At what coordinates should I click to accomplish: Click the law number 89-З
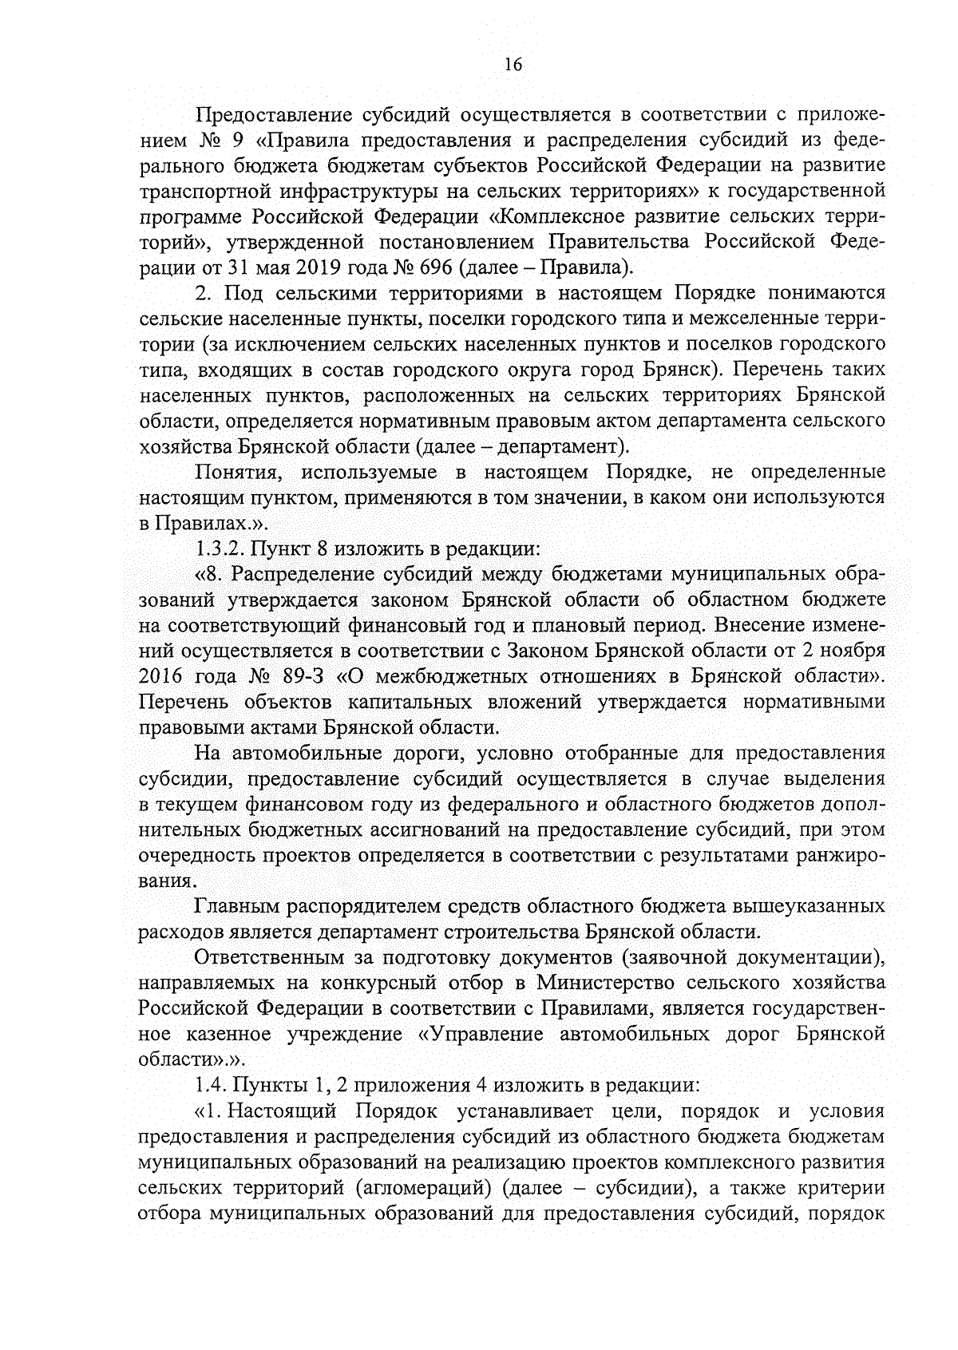pyautogui.click(x=305, y=676)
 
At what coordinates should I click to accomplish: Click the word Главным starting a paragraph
pyautogui.click(x=235, y=906)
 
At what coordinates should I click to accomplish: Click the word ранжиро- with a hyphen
pyautogui.click(x=841, y=856)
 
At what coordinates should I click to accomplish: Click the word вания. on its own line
pyautogui.click(x=166, y=881)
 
